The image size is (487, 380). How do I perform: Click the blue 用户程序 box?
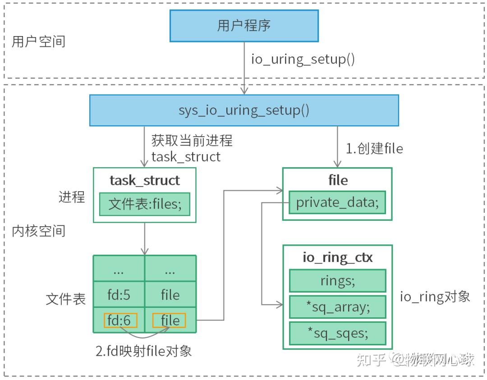click(x=244, y=25)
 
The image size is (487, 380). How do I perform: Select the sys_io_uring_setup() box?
click(x=244, y=110)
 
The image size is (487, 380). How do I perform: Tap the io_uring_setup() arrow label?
click(x=303, y=60)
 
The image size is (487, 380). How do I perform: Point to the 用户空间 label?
click(x=38, y=41)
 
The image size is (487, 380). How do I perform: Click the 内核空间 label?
click(x=38, y=231)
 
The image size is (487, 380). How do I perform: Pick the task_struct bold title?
click(x=145, y=180)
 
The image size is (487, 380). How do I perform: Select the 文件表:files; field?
click(x=145, y=204)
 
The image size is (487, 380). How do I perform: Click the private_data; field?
click(x=337, y=202)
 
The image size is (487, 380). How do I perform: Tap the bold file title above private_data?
click(x=338, y=180)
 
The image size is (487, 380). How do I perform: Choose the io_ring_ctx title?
click(x=338, y=257)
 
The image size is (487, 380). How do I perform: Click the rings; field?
click(x=337, y=281)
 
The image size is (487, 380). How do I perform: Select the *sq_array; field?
click(x=337, y=307)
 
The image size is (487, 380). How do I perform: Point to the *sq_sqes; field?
click(x=337, y=334)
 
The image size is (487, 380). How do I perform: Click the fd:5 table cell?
click(x=119, y=295)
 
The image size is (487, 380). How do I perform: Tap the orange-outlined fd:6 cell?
click(x=120, y=320)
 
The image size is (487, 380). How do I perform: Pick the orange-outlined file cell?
click(x=170, y=320)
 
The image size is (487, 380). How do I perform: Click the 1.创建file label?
click(x=374, y=148)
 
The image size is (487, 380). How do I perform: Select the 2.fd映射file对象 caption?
click(x=144, y=351)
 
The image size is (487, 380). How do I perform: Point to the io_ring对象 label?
click(x=435, y=296)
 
